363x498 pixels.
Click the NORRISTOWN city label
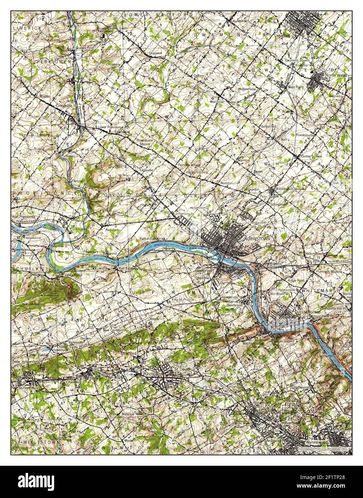click(256, 239)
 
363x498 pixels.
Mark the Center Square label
click(311, 157)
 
